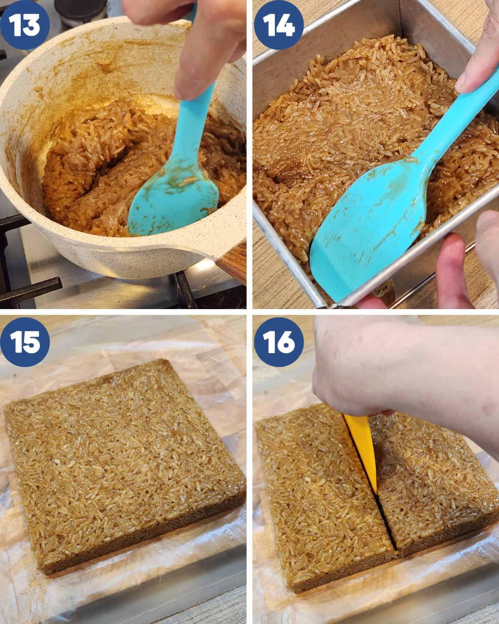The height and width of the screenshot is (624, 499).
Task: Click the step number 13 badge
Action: (x=25, y=25)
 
